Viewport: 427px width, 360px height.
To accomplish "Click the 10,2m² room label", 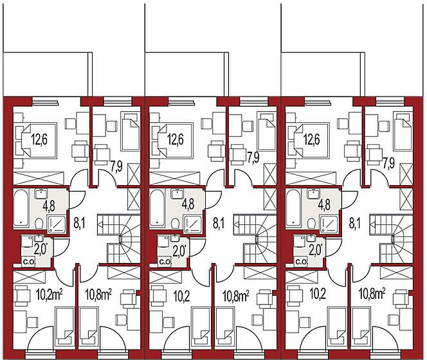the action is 50,295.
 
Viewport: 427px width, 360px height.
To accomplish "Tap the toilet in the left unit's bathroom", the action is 39,224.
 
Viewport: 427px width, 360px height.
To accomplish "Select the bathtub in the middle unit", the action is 157,208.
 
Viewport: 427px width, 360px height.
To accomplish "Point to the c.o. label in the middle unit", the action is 165,262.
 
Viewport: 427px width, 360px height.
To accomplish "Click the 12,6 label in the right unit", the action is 312,140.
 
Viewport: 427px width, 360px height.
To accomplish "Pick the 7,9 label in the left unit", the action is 116,165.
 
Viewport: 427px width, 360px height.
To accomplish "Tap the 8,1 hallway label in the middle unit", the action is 219,224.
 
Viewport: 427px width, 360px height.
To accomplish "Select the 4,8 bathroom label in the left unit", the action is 49,205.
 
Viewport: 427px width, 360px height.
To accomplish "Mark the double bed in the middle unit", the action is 175,140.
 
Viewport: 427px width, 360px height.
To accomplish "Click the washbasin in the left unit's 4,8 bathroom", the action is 41,193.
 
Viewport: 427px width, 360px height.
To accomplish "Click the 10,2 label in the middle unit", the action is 181,295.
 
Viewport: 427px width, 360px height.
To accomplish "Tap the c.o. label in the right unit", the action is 302,262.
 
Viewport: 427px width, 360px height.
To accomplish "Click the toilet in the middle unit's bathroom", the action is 176,224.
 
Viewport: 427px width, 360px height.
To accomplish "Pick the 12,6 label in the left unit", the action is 39,140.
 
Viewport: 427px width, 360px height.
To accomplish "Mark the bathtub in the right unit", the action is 294,208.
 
